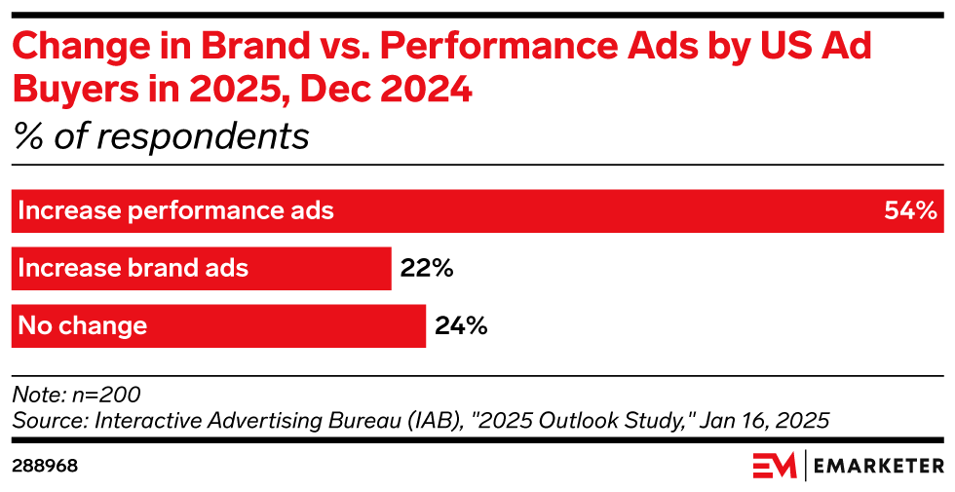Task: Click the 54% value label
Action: point(910,210)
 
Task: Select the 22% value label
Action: point(427,268)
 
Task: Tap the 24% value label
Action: point(461,325)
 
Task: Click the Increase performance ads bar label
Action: point(176,210)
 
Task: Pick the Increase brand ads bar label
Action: point(134,268)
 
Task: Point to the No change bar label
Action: point(83,325)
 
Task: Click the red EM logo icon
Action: point(774,466)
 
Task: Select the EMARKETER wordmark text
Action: point(879,466)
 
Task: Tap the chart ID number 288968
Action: point(45,466)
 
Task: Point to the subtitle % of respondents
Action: point(161,136)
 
